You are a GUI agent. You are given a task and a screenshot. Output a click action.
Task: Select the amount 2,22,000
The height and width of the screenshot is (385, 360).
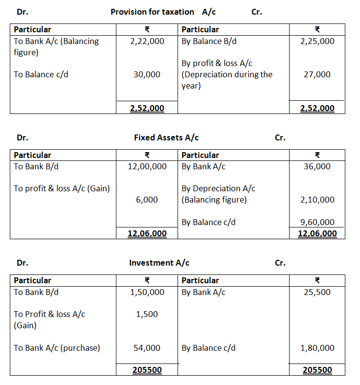point(147,41)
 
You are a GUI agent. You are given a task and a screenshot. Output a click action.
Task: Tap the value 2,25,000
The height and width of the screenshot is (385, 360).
point(317,41)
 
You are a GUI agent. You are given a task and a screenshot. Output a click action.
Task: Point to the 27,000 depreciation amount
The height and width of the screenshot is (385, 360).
point(317,74)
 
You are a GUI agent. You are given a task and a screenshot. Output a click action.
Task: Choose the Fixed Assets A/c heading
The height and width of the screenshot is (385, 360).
point(166,137)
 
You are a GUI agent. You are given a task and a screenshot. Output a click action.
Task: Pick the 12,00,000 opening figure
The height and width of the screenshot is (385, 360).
point(147,166)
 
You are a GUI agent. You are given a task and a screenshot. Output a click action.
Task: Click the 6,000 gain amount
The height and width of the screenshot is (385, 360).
point(151,200)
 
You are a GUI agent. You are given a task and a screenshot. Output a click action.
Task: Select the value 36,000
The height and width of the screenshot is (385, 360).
point(317,166)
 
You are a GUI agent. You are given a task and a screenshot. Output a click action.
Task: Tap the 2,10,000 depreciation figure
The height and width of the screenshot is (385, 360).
point(317,200)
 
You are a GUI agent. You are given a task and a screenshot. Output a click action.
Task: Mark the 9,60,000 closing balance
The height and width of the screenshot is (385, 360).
point(317,222)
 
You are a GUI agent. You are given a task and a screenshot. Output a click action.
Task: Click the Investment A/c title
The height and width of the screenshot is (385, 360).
point(159,263)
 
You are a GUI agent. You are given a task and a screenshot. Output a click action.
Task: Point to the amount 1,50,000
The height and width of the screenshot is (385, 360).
point(147,292)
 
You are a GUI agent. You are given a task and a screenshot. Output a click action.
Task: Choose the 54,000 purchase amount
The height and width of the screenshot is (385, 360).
point(147,348)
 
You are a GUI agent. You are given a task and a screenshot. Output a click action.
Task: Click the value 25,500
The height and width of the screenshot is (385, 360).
point(317,292)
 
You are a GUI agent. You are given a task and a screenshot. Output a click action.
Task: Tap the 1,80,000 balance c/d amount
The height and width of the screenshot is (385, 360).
point(317,348)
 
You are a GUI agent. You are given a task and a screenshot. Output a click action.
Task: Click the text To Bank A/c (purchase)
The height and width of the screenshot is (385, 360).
point(57,348)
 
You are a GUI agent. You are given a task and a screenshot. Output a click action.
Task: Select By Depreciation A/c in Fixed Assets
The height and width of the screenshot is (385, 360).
point(218,188)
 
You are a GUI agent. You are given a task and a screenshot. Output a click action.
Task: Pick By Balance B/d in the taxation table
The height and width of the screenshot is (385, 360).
point(209,41)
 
